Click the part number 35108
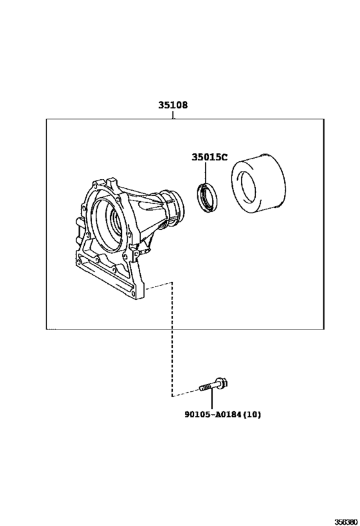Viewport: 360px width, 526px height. (173, 105)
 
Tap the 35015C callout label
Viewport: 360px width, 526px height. (210, 157)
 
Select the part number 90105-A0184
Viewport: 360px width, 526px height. (213, 415)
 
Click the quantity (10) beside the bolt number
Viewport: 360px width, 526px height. (251, 415)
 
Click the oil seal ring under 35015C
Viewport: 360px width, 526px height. (207, 198)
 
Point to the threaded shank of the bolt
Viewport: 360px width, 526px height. (208, 387)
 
